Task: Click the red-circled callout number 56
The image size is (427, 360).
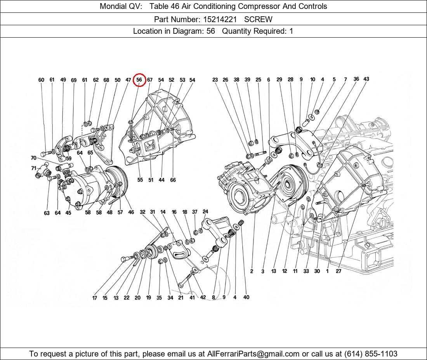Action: (x=139, y=80)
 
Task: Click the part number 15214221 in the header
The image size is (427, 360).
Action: (x=218, y=19)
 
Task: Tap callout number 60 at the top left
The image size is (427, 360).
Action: (x=41, y=80)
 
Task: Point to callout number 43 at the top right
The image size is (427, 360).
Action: (x=366, y=79)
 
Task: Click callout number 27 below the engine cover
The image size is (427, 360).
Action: (x=338, y=271)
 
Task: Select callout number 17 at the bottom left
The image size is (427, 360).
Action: (x=94, y=298)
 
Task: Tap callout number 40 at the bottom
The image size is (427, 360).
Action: (x=246, y=297)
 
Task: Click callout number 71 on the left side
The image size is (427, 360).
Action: (x=34, y=168)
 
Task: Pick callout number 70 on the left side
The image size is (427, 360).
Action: (x=34, y=158)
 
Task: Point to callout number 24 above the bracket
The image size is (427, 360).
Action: (x=205, y=211)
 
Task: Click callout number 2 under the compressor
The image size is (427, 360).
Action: (x=252, y=271)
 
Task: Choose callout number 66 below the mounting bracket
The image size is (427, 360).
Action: (x=173, y=180)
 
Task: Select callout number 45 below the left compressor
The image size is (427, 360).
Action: (x=68, y=213)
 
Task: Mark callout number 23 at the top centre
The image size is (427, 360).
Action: (x=215, y=80)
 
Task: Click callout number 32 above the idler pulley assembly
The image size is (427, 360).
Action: (x=142, y=212)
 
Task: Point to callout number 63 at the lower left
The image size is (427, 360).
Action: (x=47, y=213)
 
